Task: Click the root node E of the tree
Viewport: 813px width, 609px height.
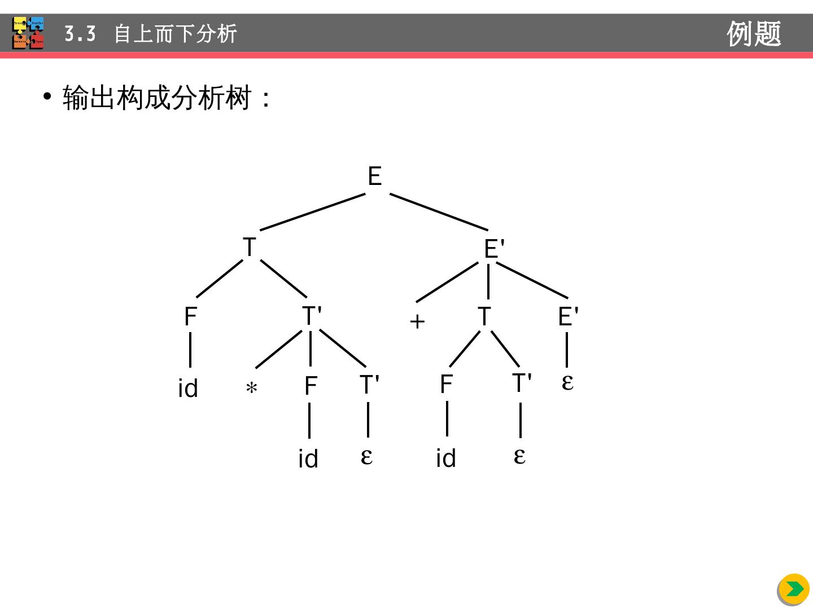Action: pyautogui.click(x=374, y=176)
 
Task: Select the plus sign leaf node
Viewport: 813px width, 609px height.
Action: pyautogui.click(x=417, y=321)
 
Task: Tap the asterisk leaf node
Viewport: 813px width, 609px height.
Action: pyautogui.click(x=251, y=388)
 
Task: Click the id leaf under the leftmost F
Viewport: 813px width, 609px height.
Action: pyautogui.click(x=188, y=389)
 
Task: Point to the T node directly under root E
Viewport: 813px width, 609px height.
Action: pyautogui.click(x=249, y=248)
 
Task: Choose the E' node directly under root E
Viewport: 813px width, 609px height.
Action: pyautogui.click(x=494, y=249)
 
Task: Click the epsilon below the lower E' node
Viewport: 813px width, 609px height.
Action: pyautogui.click(x=567, y=382)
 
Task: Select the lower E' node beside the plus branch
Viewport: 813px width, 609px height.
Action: pyautogui.click(x=568, y=316)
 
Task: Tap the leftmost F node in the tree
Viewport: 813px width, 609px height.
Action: pyautogui.click(x=191, y=316)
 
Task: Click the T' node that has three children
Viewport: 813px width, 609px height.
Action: pyautogui.click(x=312, y=316)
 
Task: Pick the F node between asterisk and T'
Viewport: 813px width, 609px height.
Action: pyautogui.click(x=311, y=386)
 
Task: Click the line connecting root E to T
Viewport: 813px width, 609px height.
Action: pyautogui.click(x=312, y=212)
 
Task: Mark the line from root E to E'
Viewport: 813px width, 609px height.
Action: pyautogui.click(x=439, y=212)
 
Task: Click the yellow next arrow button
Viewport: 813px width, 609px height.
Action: pyautogui.click(x=794, y=589)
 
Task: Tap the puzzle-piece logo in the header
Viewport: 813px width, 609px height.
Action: pyautogui.click(x=28, y=33)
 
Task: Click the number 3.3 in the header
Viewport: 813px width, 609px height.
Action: pyautogui.click(x=80, y=34)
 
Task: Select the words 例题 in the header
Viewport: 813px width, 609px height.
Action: pyautogui.click(x=754, y=34)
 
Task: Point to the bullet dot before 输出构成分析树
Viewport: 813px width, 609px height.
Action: pyautogui.click(x=47, y=96)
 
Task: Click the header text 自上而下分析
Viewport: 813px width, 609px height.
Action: pyautogui.click(x=176, y=34)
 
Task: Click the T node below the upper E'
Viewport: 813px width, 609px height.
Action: pyautogui.click(x=484, y=316)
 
